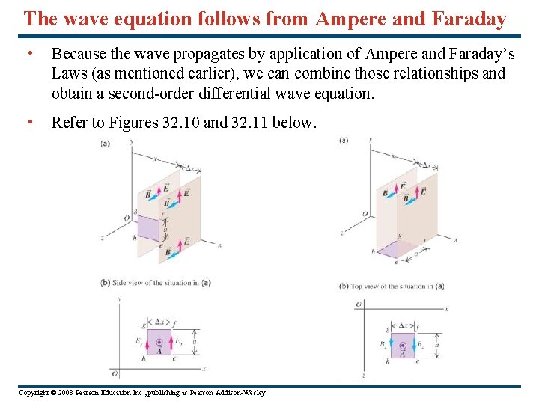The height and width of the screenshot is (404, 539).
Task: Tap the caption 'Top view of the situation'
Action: (x=393, y=286)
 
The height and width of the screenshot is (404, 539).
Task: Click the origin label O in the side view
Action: (x=114, y=373)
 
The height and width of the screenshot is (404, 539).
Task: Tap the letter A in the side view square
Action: (x=159, y=349)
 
